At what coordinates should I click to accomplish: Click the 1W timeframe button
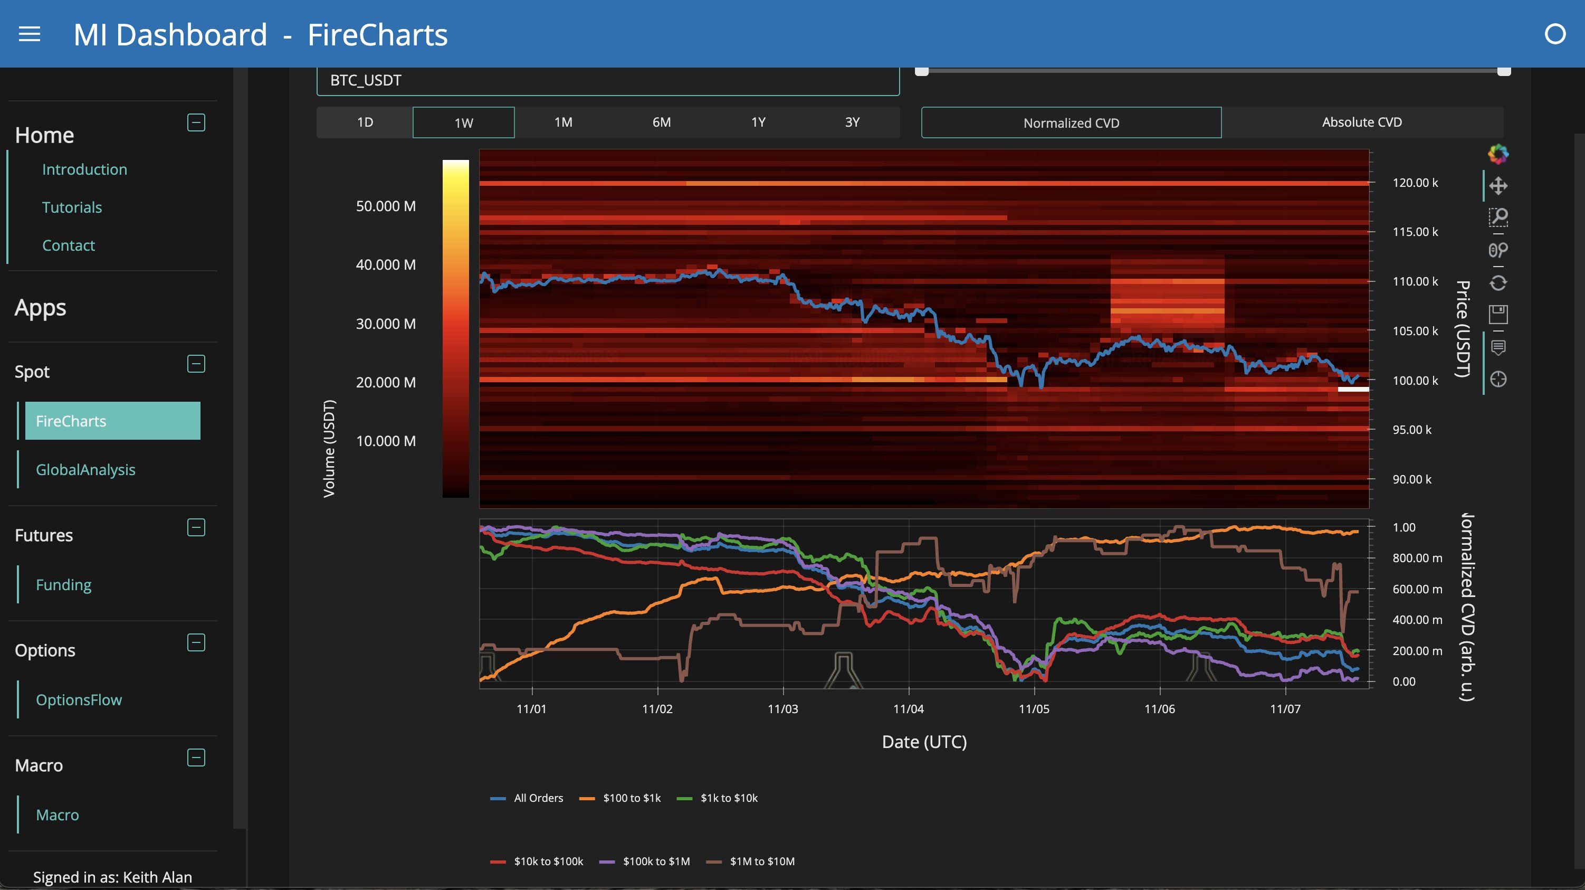(463, 122)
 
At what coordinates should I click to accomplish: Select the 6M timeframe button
(662, 122)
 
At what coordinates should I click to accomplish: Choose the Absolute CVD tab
(1362, 122)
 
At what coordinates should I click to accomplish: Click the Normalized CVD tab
(1071, 123)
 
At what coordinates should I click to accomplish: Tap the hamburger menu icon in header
(30, 34)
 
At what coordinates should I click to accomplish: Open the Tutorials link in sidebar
(72, 207)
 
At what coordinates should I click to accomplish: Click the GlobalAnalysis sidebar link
(85, 470)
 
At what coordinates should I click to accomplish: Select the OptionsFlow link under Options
(79, 700)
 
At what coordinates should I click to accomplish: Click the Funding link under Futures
(63, 585)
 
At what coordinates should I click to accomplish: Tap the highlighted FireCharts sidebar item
(112, 421)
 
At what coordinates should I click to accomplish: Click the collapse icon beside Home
(196, 122)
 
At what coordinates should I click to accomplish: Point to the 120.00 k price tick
(1415, 183)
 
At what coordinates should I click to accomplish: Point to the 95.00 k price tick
(1411, 430)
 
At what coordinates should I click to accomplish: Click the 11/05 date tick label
(1034, 709)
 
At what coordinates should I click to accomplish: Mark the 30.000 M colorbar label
(386, 324)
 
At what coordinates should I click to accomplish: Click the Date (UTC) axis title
(924, 742)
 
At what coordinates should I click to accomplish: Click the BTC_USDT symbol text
(366, 81)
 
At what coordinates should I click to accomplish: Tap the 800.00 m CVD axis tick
(1417, 558)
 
